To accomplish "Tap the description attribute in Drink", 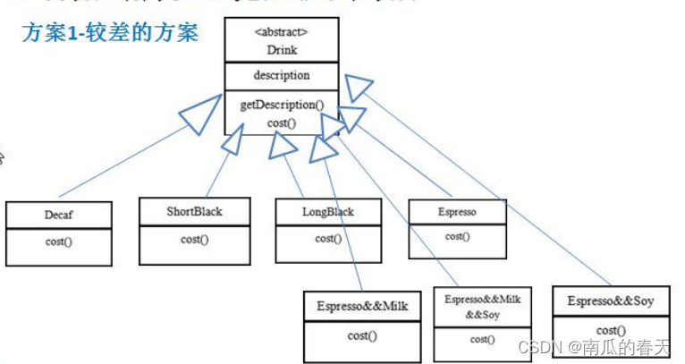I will [x=282, y=75].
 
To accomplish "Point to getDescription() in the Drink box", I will [x=282, y=105].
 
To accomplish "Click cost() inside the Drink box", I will [x=282, y=121].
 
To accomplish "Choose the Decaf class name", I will [x=59, y=216].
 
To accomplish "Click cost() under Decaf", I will [x=59, y=241].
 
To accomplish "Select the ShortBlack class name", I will [x=194, y=212].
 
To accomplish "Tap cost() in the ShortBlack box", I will [x=194, y=239].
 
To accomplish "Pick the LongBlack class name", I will [x=328, y=212].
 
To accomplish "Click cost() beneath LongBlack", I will [x=328, y=238].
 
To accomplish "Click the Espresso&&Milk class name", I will [x=362, y=307].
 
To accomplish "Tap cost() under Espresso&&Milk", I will [x=362, y=335].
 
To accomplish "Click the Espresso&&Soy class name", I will [x=611, y=301].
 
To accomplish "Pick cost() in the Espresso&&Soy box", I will [x=611, y=330].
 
